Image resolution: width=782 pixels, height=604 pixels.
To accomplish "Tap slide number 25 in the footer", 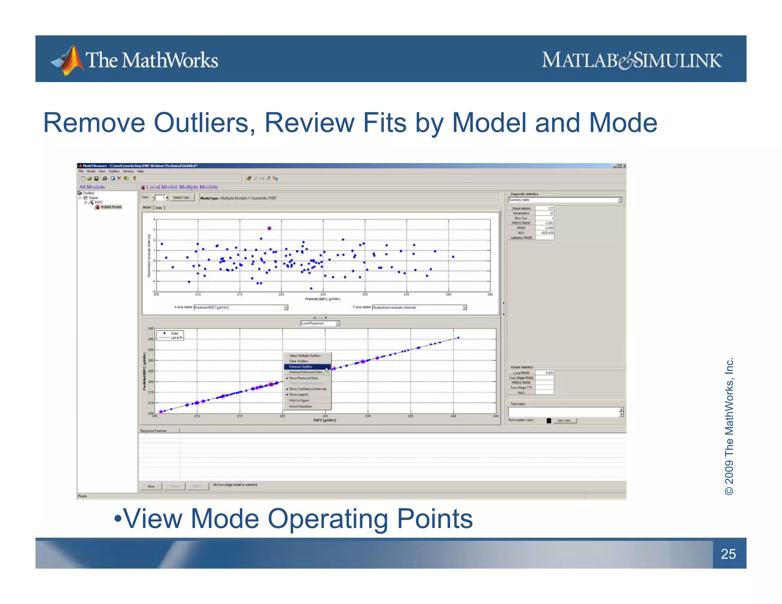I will pos(728,554).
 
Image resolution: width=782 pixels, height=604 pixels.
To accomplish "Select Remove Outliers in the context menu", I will pos(301,367).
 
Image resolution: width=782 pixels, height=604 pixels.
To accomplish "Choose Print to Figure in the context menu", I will pos(299,401).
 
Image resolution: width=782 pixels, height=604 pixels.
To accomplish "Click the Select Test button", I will pos(182,198).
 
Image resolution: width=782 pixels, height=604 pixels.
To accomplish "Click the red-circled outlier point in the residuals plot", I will pos(269,228).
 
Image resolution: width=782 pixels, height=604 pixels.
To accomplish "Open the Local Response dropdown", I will pos(320,323).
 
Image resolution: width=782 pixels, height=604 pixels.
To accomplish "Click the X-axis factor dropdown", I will pos(241,307).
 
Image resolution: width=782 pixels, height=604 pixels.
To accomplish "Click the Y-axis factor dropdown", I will pos(419,307).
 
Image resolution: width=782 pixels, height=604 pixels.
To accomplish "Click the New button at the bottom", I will pos(151,486).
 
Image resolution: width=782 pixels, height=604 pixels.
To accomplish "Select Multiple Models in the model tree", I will pos(111,207).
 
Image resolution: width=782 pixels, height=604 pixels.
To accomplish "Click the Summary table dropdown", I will pos(565,200).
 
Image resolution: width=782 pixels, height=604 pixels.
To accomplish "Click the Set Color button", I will pos(564,421).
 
